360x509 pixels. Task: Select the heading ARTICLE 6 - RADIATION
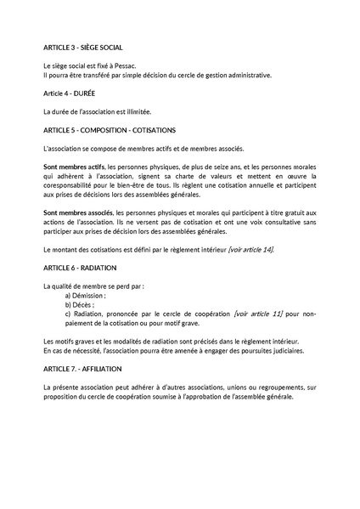[x=82, y=268]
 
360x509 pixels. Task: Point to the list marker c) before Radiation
[x=69, y=315]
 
